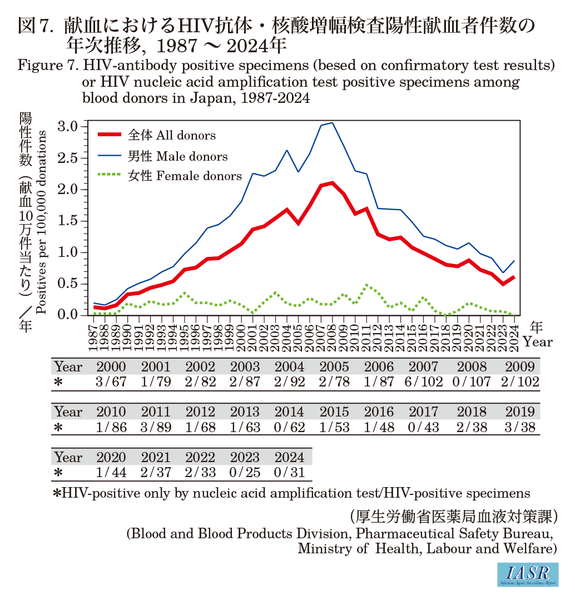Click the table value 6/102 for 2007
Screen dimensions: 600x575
pyautogui.click(x=425, y=382)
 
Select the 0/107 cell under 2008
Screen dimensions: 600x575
pyautogui.click(x=470, y=382)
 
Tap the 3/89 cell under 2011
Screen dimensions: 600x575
pyautogui.click(x=156, y=428)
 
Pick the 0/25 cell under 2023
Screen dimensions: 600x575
pyautogui.click(x=245, y=473)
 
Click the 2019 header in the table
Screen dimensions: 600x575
pyautogui.click(x=520, y=412)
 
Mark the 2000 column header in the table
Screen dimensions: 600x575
pyautogui.click(x=111, y=367)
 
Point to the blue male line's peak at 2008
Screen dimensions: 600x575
pyautogui.click(x=332, y=122)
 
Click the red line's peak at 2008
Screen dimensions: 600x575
pyautogui.click(x=332, y=182)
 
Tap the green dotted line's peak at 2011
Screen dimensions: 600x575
pyautogui.click(x=366, y=285)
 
